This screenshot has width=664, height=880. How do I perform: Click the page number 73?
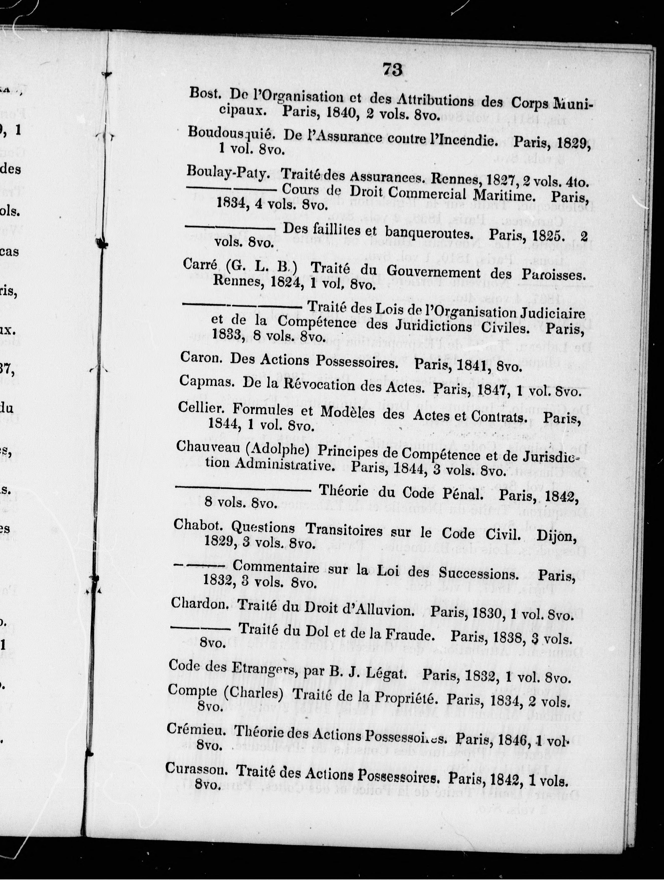[x=392, y=70]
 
